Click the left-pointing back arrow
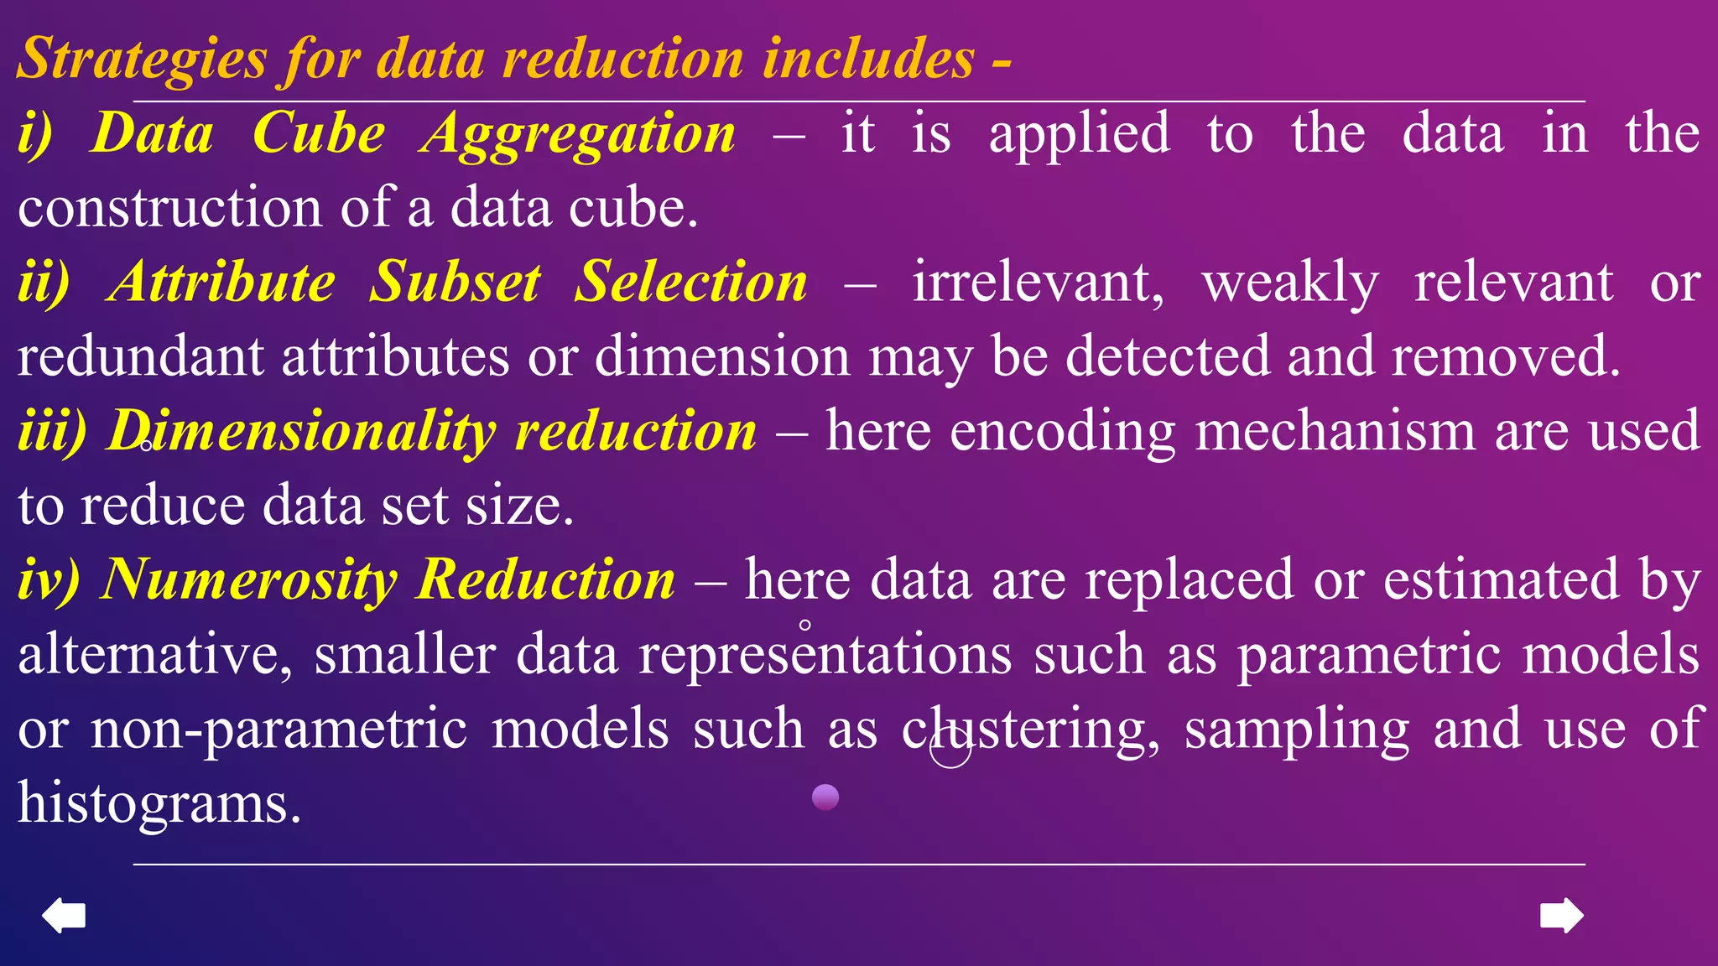pyautogui.click(x=64, y=915)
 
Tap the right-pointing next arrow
pyautogui.click(x=1561, y=915)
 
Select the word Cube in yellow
pyautogui.click(x=319, y=134)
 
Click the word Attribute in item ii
pyautogui.click(x=223, y=282)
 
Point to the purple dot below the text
pyautogui.click(x=825, y=797)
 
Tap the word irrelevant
pyautogui.click(x=1039, y=282)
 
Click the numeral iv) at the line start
pyautogui.click(x=49, y=579)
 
